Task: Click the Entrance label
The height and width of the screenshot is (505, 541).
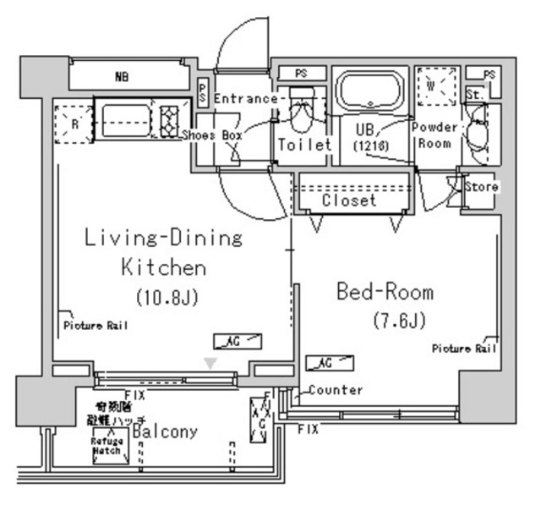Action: tap(245, 99)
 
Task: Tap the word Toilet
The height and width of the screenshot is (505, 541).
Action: tap(304, 145)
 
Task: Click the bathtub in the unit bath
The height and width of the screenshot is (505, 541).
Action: tap(371, 92)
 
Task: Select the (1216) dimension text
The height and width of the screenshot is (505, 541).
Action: tap(367, 145)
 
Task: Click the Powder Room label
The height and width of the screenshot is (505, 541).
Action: tap(434, 135)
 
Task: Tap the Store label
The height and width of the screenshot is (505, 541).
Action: tap(482, 186)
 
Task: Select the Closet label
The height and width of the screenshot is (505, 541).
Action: tap(349, 200)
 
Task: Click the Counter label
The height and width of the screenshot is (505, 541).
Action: tap(336, 390)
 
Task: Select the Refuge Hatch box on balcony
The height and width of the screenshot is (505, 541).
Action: tap(110, 446)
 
